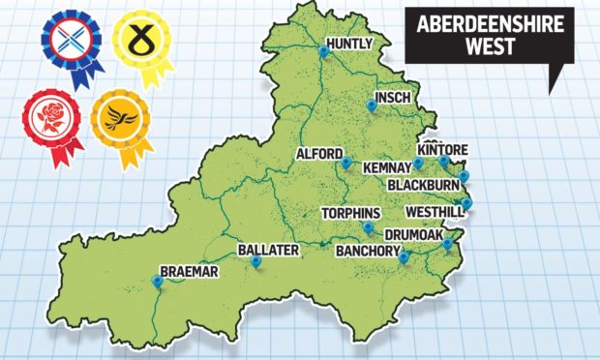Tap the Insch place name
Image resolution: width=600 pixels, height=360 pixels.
391,97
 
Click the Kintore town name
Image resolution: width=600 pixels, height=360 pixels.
442,150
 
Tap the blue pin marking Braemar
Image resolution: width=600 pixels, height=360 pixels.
157,281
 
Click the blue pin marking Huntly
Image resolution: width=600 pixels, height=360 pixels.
323,48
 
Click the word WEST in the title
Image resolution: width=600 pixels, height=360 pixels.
478,47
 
